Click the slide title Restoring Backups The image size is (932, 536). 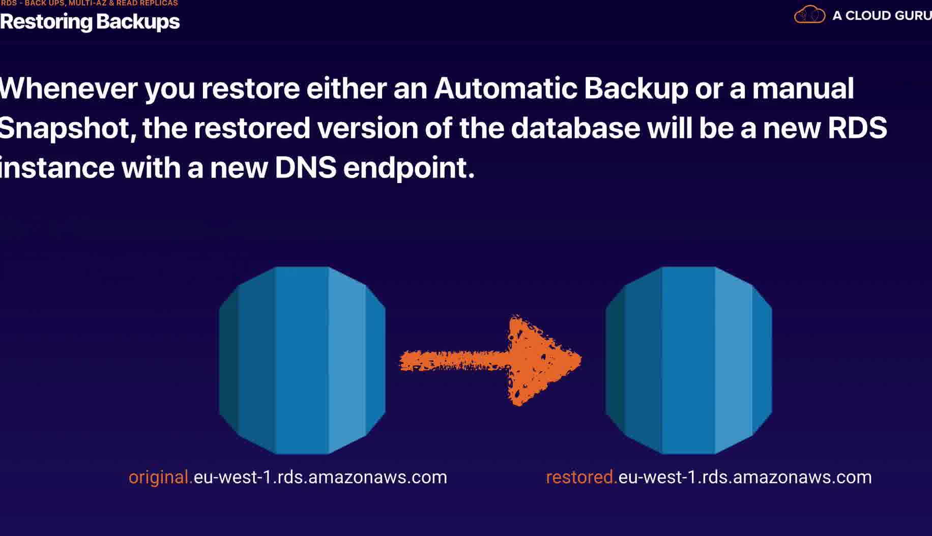click(90, 22)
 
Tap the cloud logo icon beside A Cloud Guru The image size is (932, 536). click(809, 15)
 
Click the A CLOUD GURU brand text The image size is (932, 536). click(882, 16)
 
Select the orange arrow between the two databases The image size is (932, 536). click(491, 361)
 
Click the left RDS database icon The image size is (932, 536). click(302, 360)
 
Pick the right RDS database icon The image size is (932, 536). click(689, 360)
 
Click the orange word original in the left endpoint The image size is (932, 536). click(160, 477)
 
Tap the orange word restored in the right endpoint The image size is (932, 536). click(581, 477)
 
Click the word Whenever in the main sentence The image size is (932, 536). click(69, 88)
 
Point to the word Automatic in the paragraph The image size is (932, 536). click(505, 88)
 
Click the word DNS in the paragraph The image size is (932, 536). click(305, 168)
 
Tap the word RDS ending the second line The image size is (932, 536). click(857, 128)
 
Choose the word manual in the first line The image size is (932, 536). click(803, 88)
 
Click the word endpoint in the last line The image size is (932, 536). click(409, 168)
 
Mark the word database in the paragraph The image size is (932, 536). click(575, 128)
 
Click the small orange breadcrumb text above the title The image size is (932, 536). click(90, 3)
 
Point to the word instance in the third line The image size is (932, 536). click(57, 168)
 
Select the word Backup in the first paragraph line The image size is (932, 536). click(636, 88)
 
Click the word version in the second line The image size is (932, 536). click(367, 128)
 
